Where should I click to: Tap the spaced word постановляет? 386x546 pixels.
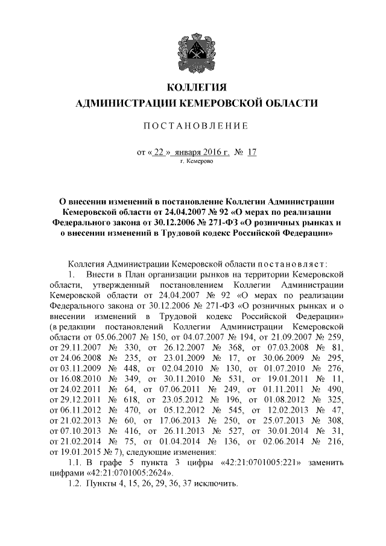[292, 264]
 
